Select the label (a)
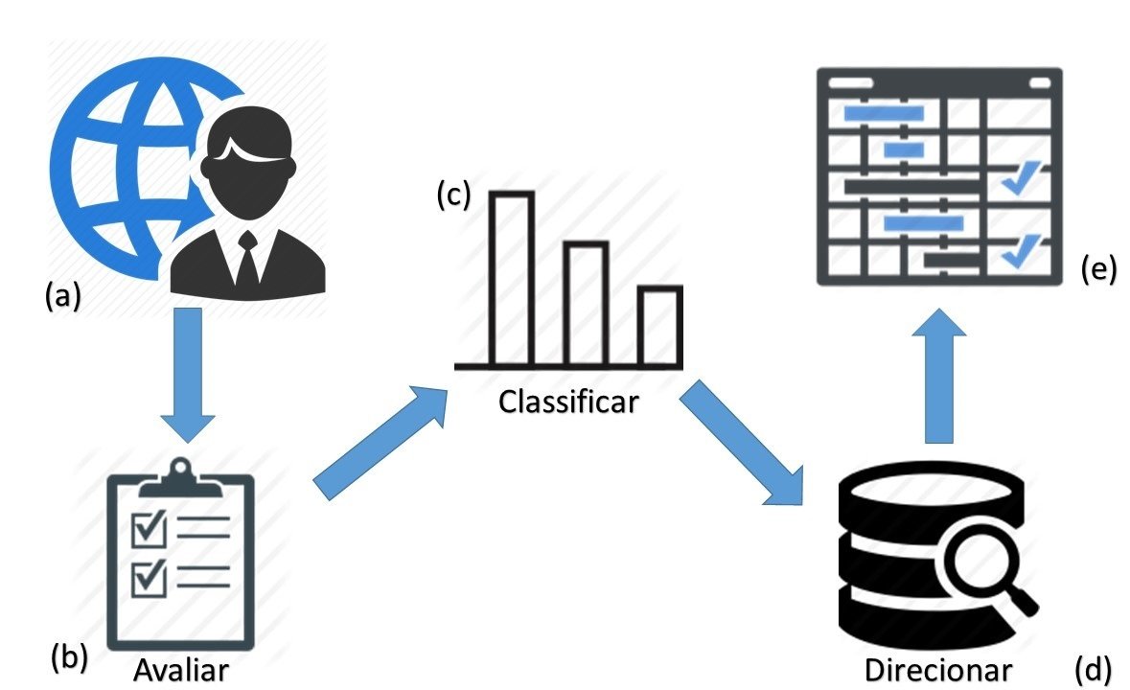click(62, 297)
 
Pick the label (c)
click(453, 195)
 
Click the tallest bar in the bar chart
click(512, 278)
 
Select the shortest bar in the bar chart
click(660, 326)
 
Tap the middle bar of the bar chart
click(586, 303)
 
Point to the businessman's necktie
click(247, 259)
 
